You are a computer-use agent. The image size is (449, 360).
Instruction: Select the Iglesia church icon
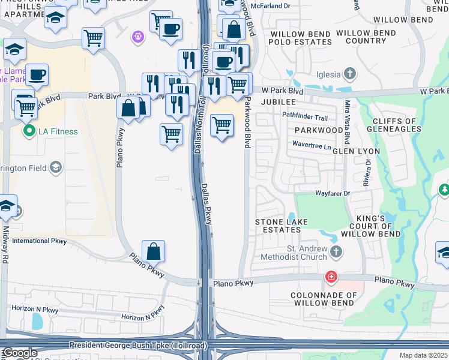coord(349,75)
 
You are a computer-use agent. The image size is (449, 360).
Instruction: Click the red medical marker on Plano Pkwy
coord(331,277)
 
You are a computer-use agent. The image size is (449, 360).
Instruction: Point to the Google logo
coord(19,353)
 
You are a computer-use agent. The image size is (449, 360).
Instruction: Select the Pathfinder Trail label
coord(305,118)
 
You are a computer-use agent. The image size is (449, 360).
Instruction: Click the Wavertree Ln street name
coord(311,145)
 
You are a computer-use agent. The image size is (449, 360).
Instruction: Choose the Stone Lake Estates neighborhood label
coord(282,226)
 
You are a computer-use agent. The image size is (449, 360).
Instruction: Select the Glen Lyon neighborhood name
coord(357,151)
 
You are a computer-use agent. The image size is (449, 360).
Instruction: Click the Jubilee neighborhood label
coord(279,102)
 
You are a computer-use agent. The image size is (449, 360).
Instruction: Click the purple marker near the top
coord(139,37)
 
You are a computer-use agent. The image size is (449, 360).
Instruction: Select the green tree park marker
coord(444,190)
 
